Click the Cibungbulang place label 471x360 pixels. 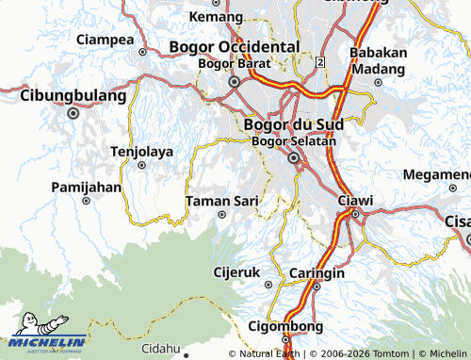click(x=73, y=96)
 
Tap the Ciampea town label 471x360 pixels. click(x=105, y=40)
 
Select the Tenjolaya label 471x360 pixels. click(x=142, y=151)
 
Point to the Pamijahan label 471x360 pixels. click(x=87, y=187)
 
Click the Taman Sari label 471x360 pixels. click(x=222, y=201)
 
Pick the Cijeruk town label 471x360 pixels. click(x=235, y=273)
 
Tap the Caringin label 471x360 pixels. click(x=317, y=273)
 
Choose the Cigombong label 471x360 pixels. click(x=284, y=326)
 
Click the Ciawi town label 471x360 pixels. click(x=355, y=200)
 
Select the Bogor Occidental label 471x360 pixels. click(x=235, y=47)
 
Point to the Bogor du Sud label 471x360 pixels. click(x=293, y=124)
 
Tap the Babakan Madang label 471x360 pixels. click(x=378, y=61)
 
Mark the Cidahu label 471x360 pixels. click(x=161, y=348)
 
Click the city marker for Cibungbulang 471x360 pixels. click(x=73, y=113)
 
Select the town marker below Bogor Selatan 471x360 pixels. click(x=294, y=158)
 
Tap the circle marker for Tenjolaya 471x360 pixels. click(x=142, y=165)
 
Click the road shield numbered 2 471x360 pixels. click(x=320, y=61)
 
